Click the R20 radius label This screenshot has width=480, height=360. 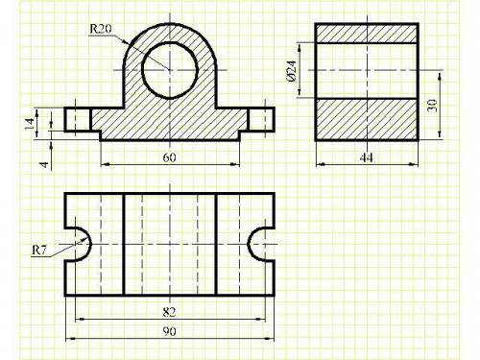[x=101, y=29]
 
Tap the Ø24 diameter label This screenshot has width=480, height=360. [x=292, y=70]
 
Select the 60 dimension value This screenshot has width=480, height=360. [x=169, y=157]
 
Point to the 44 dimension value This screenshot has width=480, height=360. [x=367, y=157]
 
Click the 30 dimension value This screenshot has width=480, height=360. [x=432, y=106]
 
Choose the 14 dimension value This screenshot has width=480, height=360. [x=30, y=124]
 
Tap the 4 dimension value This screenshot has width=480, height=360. [x=44, y=165]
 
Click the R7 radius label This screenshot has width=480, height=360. [x=39, y=251]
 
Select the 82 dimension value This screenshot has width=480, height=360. [x=169, y=312]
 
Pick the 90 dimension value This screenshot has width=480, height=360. [x=169, y=331]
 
